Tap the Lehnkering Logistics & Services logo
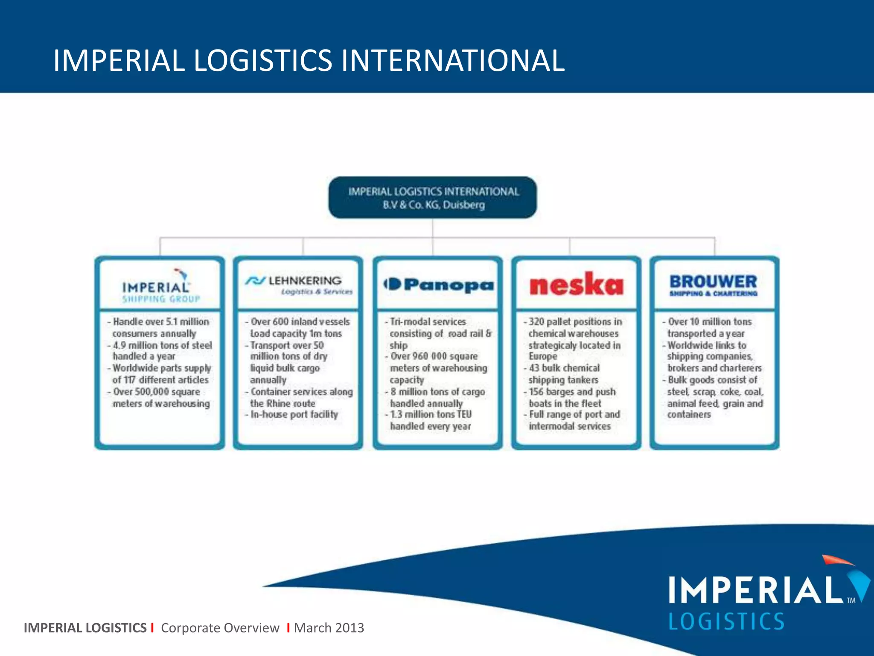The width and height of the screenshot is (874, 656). click(298, 285)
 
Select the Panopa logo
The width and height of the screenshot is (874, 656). click(438, 284)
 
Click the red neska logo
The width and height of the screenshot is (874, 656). click(576, 284)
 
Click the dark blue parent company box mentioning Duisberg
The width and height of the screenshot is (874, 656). click(433, 198)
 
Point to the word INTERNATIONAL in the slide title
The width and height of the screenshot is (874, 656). click(452, 60)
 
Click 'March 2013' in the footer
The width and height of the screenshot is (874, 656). click(329, 627)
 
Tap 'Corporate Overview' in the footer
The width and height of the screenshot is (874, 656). click(220, 627)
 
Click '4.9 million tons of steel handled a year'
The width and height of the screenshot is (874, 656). click(161, 351)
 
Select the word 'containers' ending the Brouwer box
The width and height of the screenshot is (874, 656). click(689, 415)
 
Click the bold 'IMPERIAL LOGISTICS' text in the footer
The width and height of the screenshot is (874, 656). click(85, 627)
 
